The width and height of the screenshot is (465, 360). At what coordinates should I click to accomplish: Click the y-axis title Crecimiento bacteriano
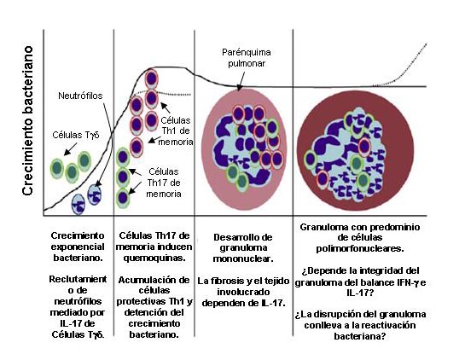tap(27, 120)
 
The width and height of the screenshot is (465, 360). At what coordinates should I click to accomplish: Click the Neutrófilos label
tap(80, 96)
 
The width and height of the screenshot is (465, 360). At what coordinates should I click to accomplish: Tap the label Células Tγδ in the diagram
tap(76, 135)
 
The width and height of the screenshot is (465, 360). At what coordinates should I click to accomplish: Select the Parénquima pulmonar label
tap(247, 58)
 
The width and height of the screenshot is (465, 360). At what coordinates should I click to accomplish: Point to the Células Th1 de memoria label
tap(176, 131)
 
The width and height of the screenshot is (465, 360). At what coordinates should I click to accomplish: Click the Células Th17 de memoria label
tap(164, 183)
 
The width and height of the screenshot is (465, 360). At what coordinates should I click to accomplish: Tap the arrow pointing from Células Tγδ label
tap(71, 149)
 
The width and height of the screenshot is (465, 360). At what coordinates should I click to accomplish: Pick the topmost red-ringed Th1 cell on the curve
tap(152, 78)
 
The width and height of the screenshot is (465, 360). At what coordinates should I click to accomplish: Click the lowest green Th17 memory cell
tap(123, 198)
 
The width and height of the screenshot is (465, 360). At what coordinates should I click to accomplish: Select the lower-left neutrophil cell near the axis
tap(78, 205)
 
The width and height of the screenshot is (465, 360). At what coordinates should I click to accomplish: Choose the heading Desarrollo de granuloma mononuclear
tap(243, 248)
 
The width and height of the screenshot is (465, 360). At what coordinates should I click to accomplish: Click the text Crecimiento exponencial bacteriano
tap(78, 247)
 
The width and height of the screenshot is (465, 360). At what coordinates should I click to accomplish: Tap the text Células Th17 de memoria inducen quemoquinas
tap(154, 247)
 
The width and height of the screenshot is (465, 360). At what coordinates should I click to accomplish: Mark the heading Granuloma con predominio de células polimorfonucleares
tap(360, 238)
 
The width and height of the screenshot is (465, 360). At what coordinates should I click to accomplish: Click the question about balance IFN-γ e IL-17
tap(360, 282)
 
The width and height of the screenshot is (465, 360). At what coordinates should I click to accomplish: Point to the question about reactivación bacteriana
tap(360, 325)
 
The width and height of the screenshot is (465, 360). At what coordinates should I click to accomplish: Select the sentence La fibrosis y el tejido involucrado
tap(243, 287)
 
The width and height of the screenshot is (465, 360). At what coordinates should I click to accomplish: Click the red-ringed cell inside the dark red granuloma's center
tap(364, 147)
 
